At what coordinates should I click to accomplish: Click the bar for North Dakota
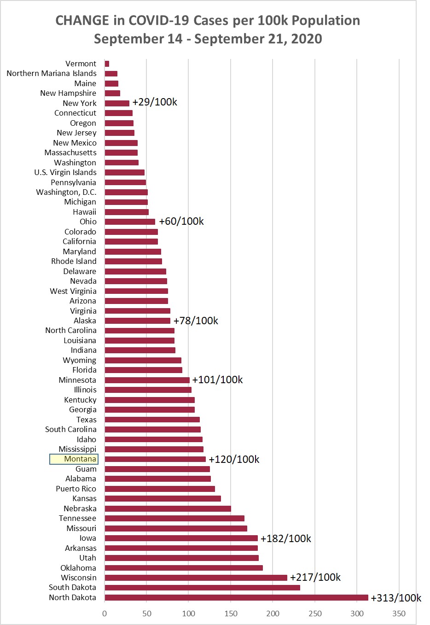(x=236, y=597)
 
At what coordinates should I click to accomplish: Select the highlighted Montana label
(x=74, y=459)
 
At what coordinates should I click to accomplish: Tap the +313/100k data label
(x=396, y=598)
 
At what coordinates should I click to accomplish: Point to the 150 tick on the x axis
(x=231, y=613)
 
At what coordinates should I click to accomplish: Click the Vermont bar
(x=107, y=64)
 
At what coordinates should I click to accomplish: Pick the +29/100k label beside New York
(x=155, y=102)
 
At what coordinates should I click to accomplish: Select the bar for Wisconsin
(x=196, y=578)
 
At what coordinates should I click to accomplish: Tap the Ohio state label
(x=88, y=222)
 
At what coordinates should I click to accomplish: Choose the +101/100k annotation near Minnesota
(x=217, y=380)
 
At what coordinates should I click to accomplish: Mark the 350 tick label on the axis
(x=399, y=613)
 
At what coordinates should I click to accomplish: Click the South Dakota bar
(x=202, y=587)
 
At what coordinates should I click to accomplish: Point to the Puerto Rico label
(x=76, y=489)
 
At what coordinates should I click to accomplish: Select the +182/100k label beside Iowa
(x=285, y=538)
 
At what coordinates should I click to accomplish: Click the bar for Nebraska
(x=168, y=508)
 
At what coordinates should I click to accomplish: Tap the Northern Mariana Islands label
(x=52, y=73)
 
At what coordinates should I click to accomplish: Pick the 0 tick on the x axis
(x=105, y=613)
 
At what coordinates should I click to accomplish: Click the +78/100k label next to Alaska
(x=196, y=321)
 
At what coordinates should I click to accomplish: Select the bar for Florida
(x=143, y=370)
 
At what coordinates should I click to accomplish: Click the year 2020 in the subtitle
(x=307, y=39)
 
